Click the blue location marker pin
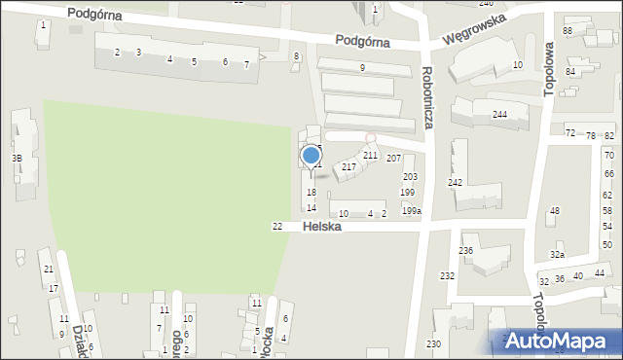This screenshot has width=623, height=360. click(x=311, y=156)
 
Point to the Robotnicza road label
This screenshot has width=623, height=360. click(x=427, y=97)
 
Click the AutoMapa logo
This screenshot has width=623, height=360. click(x=561, y=341)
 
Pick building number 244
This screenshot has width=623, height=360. click(x=499, y=115)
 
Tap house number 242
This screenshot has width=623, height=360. click(x=455, y=183)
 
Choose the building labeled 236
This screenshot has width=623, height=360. click(x=466, y=251)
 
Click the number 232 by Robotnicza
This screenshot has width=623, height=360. click(x=447, y=276)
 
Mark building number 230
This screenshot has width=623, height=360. click(x=433, y=344)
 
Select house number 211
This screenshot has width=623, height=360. click(x=370, y=155)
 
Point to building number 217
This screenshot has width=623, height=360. click(x=348, y=167)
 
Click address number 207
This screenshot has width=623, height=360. click(x=393, y=158)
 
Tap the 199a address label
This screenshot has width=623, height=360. click(x=412, y=211)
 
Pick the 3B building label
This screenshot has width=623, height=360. click(x=16, y=158)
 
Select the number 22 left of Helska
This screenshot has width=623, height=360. click(x=277, y=227)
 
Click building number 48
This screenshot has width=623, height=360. click(x=555, y=211)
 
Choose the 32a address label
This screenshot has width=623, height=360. click(x=557, y=254)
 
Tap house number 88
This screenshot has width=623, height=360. click(x=568, y=32)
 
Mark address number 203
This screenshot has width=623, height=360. click(x=410, y=177)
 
